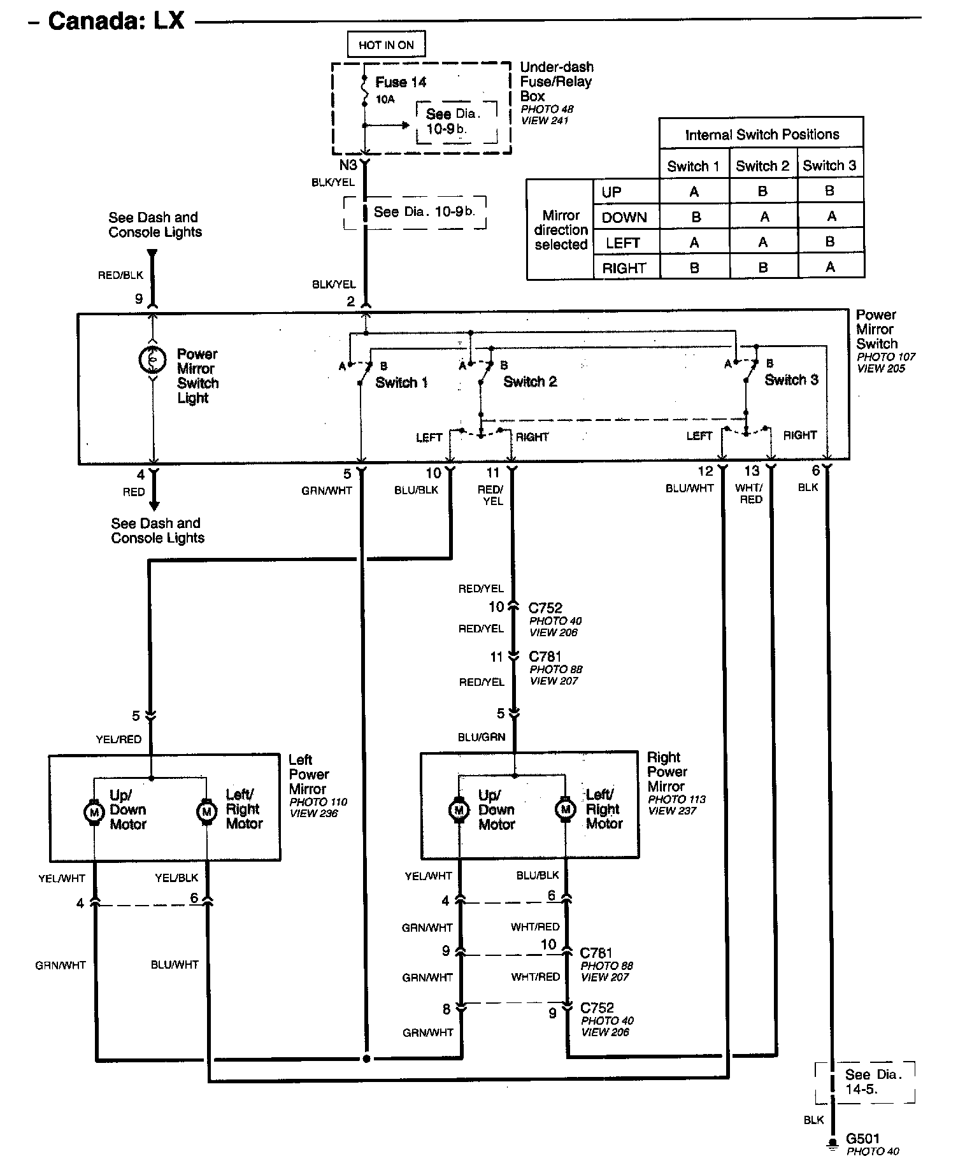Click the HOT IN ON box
[386, 45]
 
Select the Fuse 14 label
[400, 82]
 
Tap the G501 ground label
[862, 1138]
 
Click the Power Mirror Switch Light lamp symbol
[153, 360]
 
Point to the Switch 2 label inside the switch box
[529, 381]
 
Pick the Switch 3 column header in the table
[829, 166]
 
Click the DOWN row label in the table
[624, 217]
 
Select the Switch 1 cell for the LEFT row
[694, 243]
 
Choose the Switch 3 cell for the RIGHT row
[829, 267]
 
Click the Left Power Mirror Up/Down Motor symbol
[94, 812]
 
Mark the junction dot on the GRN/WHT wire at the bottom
[366, 1059]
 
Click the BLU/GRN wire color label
[482, 737]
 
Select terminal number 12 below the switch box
[705, 471]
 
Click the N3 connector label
[348, 165]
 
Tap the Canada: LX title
[116, 21]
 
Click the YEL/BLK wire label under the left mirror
[176, 878]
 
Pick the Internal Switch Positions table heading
[762, 134]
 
